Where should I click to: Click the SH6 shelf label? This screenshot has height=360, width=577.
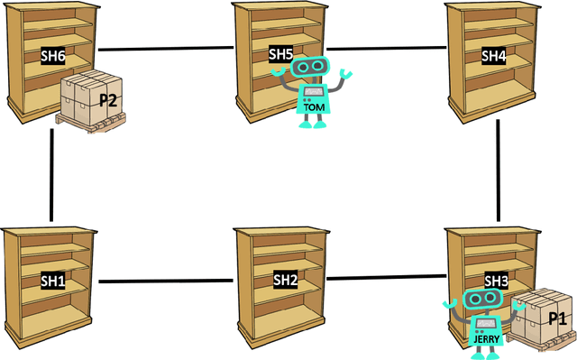(x=52, y=55)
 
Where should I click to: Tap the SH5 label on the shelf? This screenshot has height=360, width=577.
(x=281, y=54)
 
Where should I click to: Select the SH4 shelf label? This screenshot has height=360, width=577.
(x=493, y=55)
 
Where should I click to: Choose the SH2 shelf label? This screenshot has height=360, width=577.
(x=286, y=280)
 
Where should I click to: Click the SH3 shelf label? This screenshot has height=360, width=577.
(x=497, y=282)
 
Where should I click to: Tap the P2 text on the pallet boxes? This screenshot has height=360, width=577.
(x=107, y=100)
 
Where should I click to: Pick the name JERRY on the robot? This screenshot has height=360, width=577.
(x=486, y=339)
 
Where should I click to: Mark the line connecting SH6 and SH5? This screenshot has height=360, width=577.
(x=165, y=48)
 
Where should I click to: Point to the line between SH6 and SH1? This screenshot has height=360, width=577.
(x=52, y=175)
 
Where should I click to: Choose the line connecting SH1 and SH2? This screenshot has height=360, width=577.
(x=165, y=282)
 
